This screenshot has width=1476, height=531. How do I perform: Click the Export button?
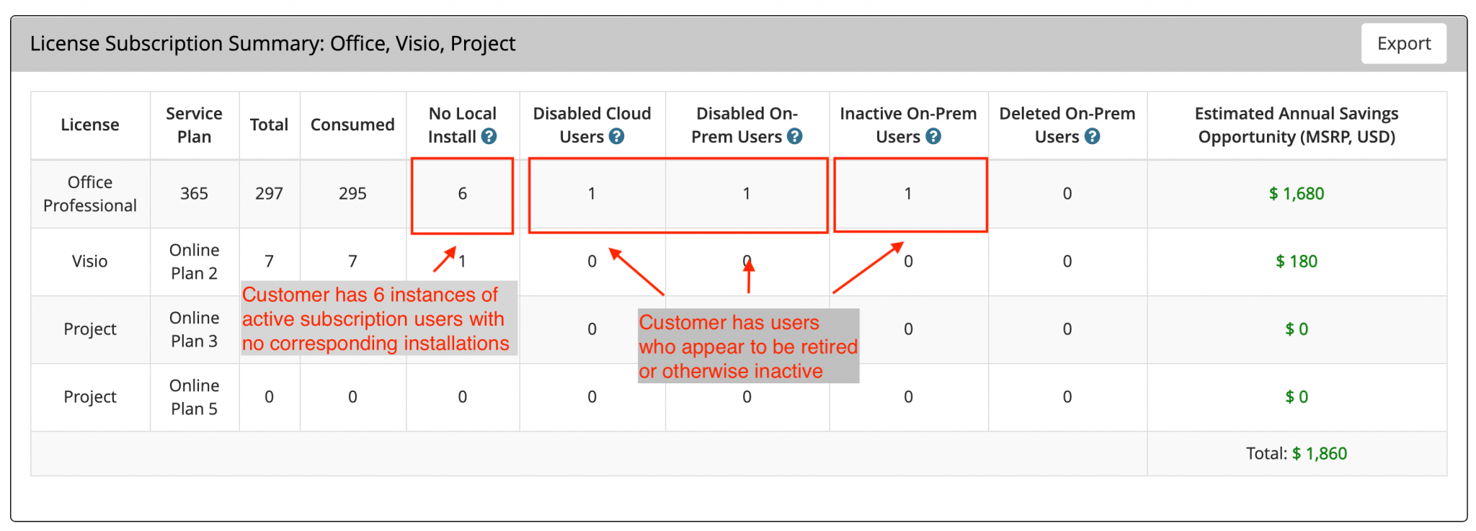[1403, 43]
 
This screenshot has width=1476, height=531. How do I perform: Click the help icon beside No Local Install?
[489, 136]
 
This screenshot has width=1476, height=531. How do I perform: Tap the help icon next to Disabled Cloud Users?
[616, 136]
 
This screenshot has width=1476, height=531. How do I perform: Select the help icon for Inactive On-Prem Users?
[933, 136]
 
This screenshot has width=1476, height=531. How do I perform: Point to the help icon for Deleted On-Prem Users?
[1093, 136]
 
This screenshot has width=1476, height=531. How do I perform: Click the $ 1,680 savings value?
[1297, 193]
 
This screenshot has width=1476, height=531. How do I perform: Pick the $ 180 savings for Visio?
[1297, 261]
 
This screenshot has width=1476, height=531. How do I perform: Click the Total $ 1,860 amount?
[1319, 453]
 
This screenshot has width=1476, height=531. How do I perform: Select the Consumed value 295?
[352, 193]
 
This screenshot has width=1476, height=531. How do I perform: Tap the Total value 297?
[269, 193]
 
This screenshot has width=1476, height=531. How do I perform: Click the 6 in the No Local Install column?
[463, 193]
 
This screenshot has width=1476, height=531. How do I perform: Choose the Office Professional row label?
[90, 194]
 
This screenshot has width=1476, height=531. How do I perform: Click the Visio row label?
[90, 261]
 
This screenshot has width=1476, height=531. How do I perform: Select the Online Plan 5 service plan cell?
[194, 397]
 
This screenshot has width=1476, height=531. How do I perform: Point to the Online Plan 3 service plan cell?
[194, 329]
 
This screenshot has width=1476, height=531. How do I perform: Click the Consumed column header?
[352, 125]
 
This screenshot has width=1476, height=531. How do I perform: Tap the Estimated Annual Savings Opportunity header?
[1297, 125]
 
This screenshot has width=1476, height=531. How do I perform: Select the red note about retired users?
[748, 347]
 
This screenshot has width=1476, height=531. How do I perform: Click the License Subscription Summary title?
[272, 44]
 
